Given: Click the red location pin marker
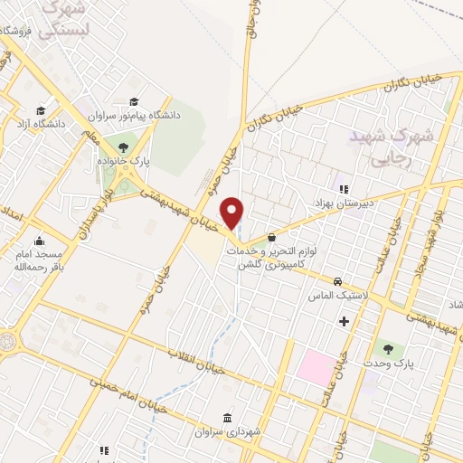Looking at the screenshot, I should (233, 212).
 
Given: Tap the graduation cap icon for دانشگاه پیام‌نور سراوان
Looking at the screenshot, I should (135, 101).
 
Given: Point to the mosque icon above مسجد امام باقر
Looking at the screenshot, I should (39, 241).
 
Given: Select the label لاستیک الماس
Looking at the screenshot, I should (338, 296).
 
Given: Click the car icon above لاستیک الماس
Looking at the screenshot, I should (337, 281).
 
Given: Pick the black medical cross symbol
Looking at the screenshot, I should (343, 321).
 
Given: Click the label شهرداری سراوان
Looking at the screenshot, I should (227, 433).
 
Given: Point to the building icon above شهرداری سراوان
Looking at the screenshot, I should (227, 419).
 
